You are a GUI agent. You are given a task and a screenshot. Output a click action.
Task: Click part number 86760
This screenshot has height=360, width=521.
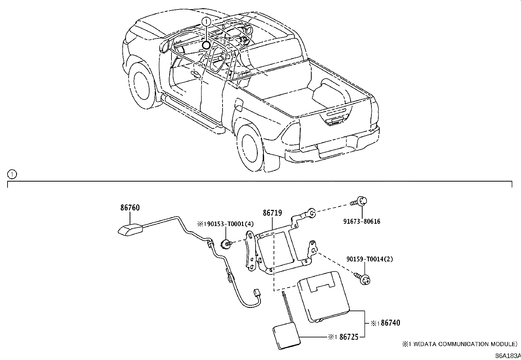click(130, 208)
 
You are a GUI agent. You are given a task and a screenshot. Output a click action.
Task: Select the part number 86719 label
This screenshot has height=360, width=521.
click(272, 213)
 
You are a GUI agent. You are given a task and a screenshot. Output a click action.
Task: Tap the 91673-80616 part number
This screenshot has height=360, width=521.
click(362, 221)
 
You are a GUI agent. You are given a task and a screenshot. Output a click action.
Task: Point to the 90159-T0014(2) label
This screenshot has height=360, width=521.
click(370, 259)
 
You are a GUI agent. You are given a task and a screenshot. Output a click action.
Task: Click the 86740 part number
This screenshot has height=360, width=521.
click(390, 323)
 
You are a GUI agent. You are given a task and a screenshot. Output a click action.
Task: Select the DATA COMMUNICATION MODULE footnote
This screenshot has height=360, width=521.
click(459, 344)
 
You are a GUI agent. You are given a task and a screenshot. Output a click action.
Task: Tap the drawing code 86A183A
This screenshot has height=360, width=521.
click(508, 356)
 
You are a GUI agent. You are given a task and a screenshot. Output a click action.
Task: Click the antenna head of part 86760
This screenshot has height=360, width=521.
click(130, 230)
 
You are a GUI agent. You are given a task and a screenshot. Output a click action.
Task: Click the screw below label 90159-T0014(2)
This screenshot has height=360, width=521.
click(365, 279)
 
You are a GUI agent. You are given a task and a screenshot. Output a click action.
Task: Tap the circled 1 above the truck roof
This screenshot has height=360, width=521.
click(206, 22)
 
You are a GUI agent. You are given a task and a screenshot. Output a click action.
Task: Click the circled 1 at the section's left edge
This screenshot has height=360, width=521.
click(11, 175)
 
